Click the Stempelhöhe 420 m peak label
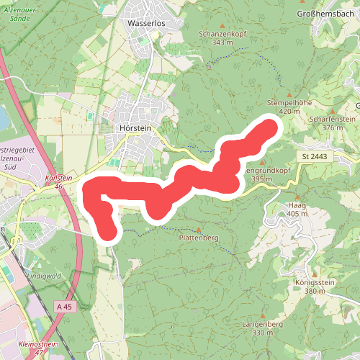[288, 107]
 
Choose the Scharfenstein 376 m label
[332, 122]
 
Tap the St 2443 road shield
[315, 156]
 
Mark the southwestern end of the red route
[107, 231]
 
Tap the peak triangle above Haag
[296, 196]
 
